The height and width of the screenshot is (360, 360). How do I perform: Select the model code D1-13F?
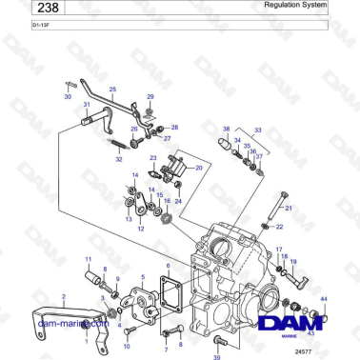(x=14, y=26)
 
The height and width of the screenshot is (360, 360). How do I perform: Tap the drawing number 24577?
(x=331, y=352)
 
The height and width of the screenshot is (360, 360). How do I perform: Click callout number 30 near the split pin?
(x=68, y=96)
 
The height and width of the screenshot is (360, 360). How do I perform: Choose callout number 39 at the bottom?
(x=217, y=355)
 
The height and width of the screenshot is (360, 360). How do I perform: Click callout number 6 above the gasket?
(x=168, y=266)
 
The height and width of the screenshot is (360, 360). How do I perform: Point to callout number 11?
(x=90, y=259)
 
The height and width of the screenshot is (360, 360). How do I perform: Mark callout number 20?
(x=199, y=168)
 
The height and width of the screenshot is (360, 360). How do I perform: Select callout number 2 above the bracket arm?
(x=64, y=298)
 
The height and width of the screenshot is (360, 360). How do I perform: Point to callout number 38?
(x=226, y=128)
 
